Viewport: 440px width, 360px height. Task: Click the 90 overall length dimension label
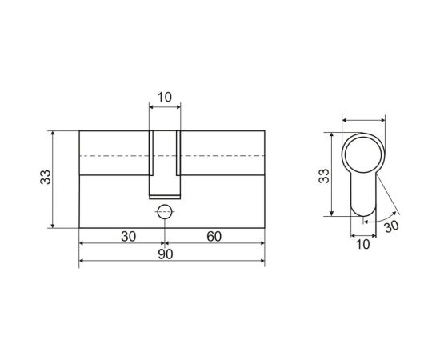point(166,254)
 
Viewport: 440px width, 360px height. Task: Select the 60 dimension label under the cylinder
point(214,237)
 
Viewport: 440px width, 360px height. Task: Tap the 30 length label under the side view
point(129,237)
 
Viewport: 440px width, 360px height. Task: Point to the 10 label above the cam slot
point(164,98)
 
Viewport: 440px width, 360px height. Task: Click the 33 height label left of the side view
point(45,177)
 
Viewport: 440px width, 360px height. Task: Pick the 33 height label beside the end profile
point(323,176)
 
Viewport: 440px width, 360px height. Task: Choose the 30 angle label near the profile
point(391,226)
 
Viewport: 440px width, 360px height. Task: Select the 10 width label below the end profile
point(363,245)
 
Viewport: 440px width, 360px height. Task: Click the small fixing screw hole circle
point(165,212)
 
